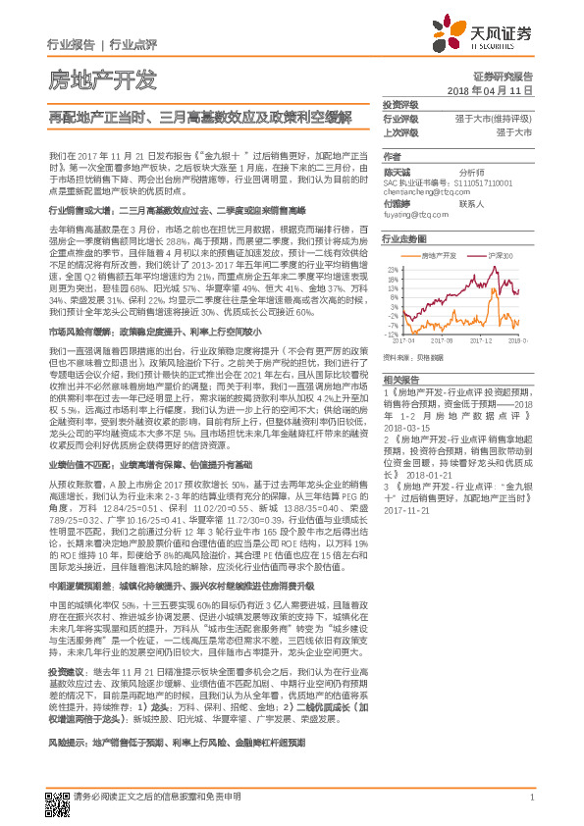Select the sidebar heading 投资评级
[x=399, y=104]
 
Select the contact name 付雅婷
[x=396, y=203]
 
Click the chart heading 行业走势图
[x=401, y=238]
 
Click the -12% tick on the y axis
[x=392, y=335]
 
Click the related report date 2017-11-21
[x=405, y=510]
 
